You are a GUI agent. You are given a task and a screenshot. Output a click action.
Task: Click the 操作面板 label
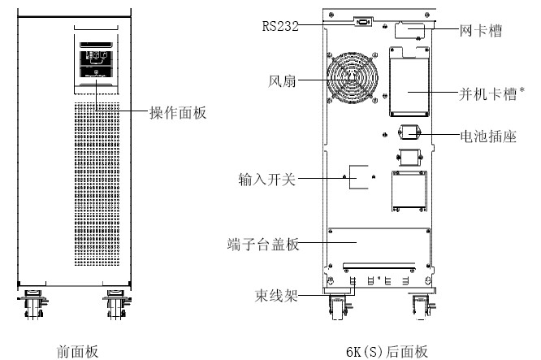tap(180, 114)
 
